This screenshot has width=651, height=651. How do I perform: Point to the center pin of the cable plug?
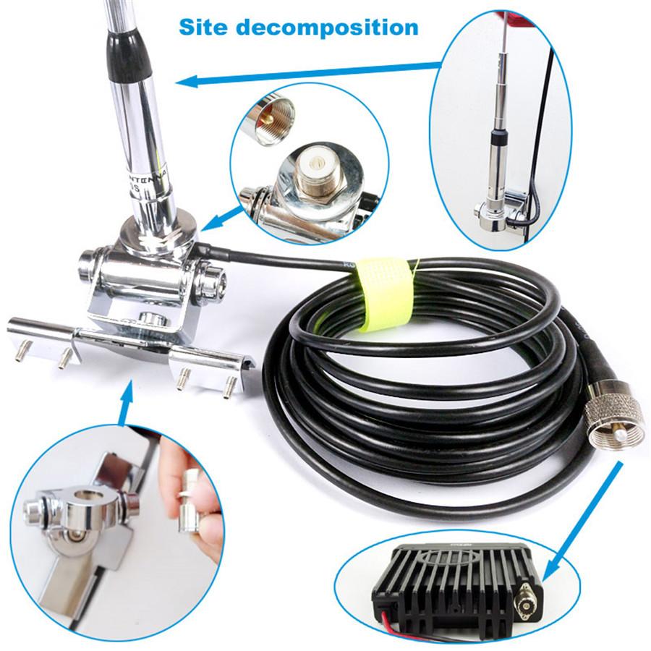pyautogui.click(x=621, y=437)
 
